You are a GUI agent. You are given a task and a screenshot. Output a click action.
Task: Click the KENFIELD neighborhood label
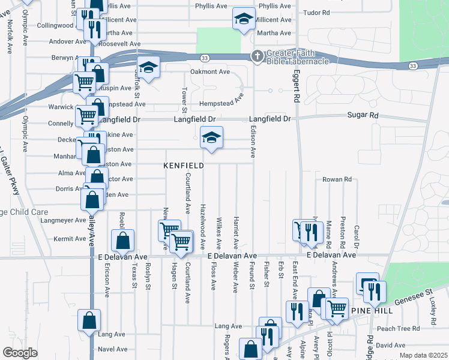pos(184,165)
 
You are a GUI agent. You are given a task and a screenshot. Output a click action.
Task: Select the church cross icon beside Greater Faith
pos(257,56)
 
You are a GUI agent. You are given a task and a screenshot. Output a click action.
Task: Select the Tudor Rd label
pos(318,12)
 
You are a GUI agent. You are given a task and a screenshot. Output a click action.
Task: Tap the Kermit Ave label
pos(70,239)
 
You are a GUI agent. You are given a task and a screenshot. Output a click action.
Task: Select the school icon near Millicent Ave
pos(244,20)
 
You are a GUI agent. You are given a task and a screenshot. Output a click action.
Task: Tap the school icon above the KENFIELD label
pos(211,138)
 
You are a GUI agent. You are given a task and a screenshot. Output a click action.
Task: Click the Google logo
pos(20,353)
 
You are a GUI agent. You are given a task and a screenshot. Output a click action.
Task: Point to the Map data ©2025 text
pos(424,356)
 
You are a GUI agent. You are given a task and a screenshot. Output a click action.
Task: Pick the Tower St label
pos(184,99)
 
